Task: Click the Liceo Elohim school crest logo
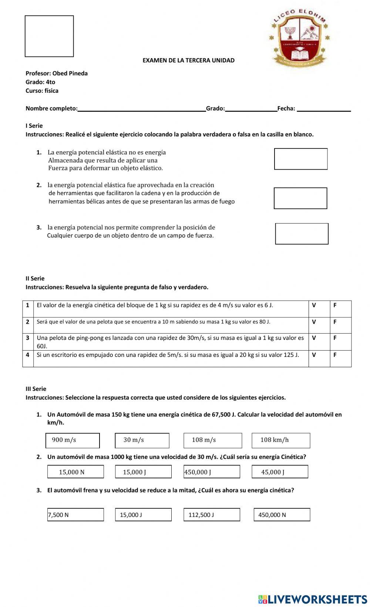pos(300,39)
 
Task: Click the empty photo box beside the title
pos(49,36)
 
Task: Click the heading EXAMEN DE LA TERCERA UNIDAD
pos(188,60)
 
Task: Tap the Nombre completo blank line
pos(142,109)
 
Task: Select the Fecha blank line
pos(324,109)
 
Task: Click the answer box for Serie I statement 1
pos(301,159)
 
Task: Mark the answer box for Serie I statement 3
pos(302,233)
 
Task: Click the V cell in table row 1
pos(319,309)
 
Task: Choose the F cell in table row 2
pos(340,325)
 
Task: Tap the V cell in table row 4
pos(319,358)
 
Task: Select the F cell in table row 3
pos(340,342)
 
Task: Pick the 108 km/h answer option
pos(281,440)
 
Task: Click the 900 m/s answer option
pos(73,440)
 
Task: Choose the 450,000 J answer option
pos(212,472)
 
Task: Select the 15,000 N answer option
pos(75,472)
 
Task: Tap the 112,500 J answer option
pos(212,515)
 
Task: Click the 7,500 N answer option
pos(75,515)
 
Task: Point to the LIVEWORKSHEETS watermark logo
pos(313,599)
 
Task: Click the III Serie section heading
pos(36,389)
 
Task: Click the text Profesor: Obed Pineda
pos(57,73)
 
